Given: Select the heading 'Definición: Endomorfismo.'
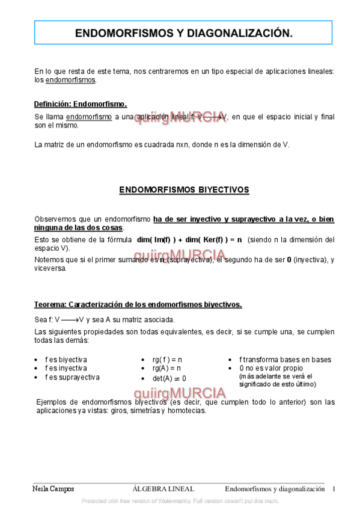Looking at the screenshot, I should pos(80,104).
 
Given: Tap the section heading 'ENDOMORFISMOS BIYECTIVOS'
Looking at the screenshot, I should pos(184,189).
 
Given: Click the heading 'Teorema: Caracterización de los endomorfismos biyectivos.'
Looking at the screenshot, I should pos(138,304).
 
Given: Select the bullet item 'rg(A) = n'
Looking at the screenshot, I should pos(166,368).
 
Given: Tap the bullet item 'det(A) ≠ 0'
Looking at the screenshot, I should pos(169,378).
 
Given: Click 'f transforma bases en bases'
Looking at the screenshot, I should pos(285,360).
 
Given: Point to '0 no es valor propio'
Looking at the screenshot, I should pos(271,368).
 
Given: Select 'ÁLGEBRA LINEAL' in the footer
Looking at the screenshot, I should pos(163,489).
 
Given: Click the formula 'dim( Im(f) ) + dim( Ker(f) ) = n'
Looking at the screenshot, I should pos(189,239).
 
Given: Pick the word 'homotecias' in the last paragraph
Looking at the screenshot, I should pos(187,411).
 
